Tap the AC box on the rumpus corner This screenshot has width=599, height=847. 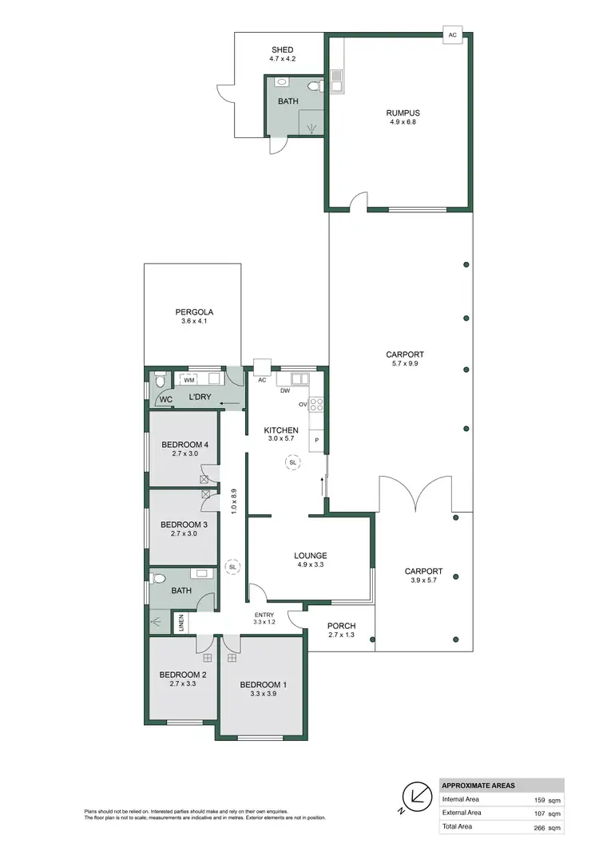[453, 35]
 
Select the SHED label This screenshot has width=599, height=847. [282, 49]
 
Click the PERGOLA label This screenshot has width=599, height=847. [194, 312]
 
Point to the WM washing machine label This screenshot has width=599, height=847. [189, 380]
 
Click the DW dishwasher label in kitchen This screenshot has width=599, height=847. [284, 391]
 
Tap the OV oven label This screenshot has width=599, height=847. [303, 404]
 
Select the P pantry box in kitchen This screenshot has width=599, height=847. [316, 440]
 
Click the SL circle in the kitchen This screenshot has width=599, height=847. [292, 462]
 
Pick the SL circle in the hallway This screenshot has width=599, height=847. [232, 567]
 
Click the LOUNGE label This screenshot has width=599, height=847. [311, 556]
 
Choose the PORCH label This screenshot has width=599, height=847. [341, 626]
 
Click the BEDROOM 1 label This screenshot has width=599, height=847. [262, 685]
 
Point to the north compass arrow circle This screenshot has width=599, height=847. [416, 794]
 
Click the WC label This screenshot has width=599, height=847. [166, 398]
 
